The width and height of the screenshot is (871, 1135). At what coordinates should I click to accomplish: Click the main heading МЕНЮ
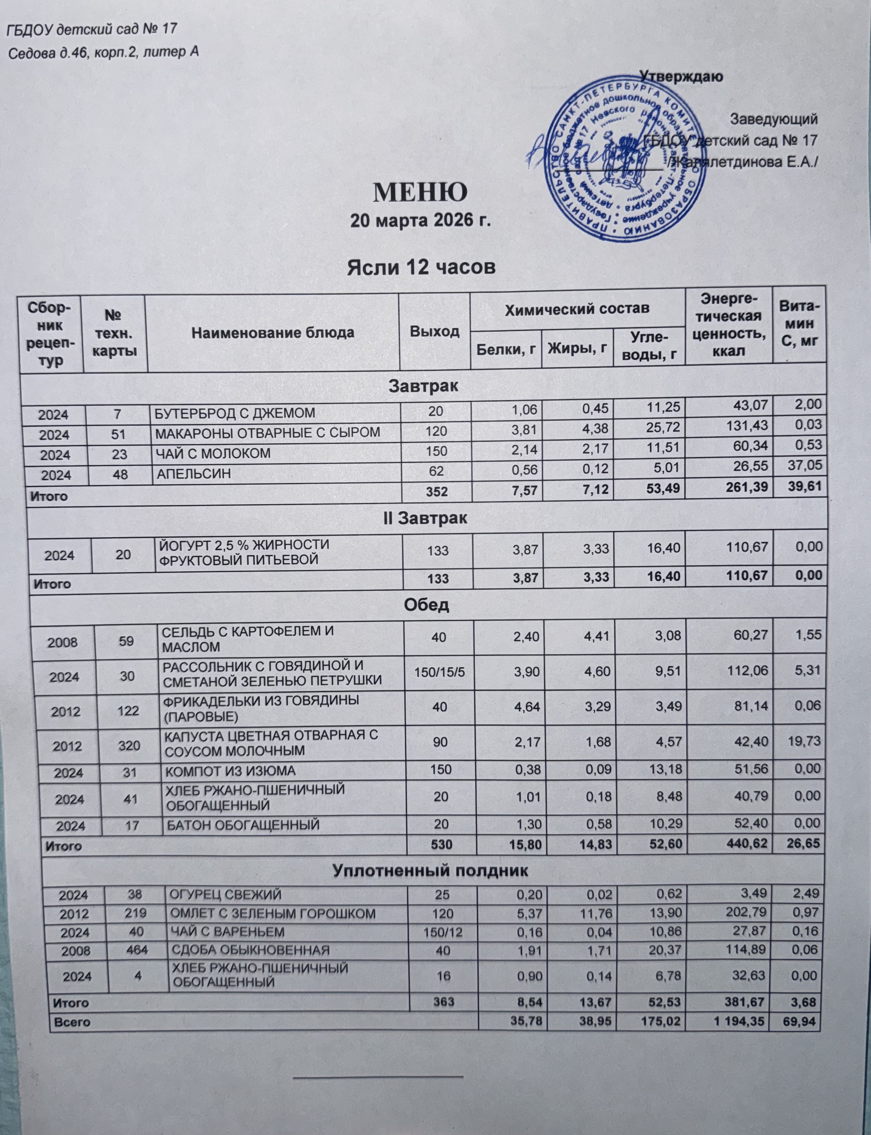coord(420,191)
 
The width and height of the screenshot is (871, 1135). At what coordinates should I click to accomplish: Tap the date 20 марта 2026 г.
coord(420,221)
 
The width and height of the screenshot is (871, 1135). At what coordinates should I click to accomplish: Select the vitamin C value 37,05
coord(805,466)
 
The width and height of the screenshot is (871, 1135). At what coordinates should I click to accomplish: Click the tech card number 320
coord(129,746)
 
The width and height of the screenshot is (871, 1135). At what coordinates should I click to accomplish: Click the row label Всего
coord(72,1023)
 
